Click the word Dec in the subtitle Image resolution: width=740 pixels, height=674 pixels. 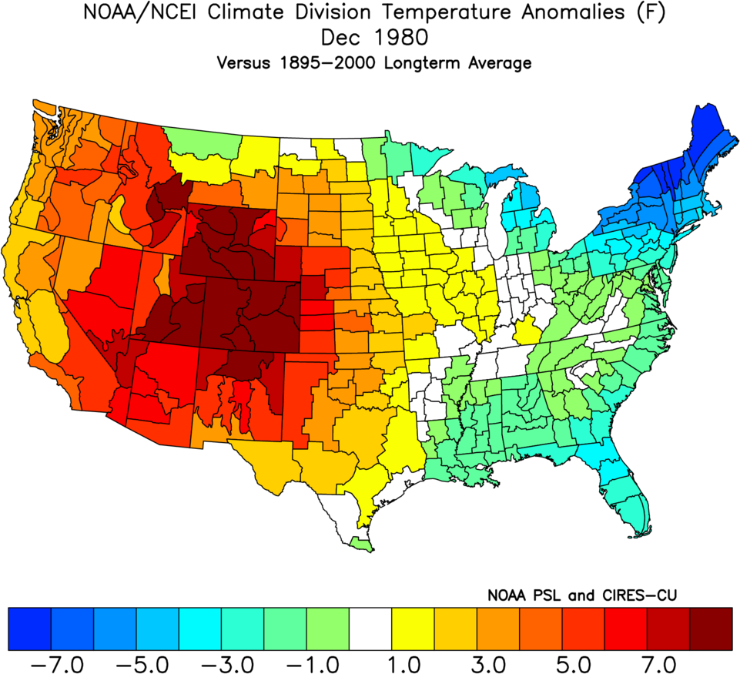click(x=341, y=39)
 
